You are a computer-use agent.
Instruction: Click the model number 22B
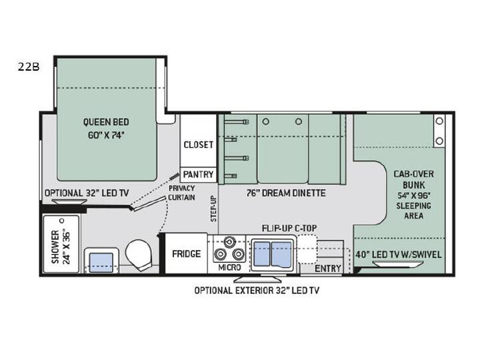click(29, 67)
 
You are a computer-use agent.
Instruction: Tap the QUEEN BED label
click(106, 122)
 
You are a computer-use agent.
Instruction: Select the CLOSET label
click(198, 145)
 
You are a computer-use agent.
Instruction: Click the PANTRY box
click(198, 175)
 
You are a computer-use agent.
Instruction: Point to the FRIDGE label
click(186, 254)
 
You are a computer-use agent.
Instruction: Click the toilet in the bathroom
click(139, 255)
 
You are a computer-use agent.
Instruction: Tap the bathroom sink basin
click(101, 263)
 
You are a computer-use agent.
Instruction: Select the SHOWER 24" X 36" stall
click(61, 244)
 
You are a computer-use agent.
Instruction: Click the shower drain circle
click(62, 221)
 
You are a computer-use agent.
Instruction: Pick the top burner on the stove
click(229, 242)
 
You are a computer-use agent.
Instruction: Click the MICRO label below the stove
click(229, 267)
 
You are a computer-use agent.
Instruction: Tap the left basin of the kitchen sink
click(262, 254)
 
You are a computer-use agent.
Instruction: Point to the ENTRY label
click(328, 269)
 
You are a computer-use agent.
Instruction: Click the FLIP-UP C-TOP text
click(289, 229)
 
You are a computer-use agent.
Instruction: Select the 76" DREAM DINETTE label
click(286, 193)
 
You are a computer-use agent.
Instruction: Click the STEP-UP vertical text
click(213, 209)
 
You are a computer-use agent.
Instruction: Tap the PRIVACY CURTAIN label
click(181, 193)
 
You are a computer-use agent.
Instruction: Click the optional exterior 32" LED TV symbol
click(257, 279)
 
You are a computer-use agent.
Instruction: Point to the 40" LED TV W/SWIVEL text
click(398, 255)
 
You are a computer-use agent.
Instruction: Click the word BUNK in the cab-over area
click(413, 185)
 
